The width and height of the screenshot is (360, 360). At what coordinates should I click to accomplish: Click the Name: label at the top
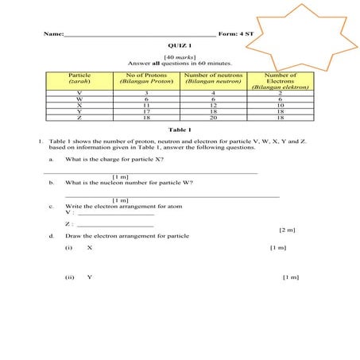pos(53,34)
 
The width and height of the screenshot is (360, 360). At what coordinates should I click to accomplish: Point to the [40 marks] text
pos(180,57)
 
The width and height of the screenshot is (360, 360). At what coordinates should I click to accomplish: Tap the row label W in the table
pos(79,99)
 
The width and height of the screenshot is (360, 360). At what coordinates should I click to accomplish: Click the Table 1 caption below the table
pos(180,130)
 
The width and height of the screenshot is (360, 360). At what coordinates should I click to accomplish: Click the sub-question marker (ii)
pos(70,277)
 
